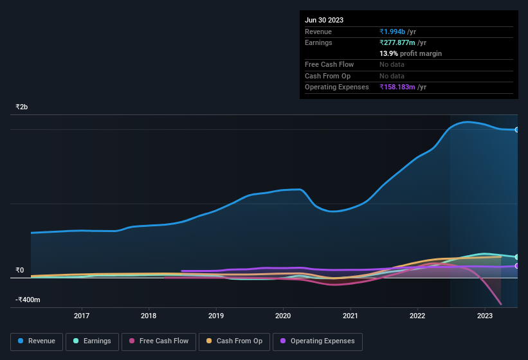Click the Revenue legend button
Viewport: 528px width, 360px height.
(37, 341)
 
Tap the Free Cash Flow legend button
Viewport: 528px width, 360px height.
(158, 341)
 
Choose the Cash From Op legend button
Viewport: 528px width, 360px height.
(234, 341)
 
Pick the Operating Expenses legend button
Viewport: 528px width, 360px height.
(318, 341)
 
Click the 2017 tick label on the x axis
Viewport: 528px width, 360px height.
(82, 316)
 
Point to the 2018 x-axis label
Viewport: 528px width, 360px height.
(149, 316)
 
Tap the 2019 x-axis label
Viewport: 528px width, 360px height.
(216, 316)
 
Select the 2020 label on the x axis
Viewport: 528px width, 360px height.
(283, 316)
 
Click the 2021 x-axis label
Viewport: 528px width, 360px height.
(350, 316)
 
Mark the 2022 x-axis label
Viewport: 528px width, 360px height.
(417, 316)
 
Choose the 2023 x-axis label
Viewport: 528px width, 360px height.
(485, 316)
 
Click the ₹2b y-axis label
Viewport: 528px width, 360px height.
(22, 107)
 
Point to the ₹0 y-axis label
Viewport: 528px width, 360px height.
(19, 270)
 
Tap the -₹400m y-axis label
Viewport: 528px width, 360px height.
(28, 300)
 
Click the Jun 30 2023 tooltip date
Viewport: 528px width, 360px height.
(324, 20)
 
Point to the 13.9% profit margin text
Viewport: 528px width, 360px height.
(410, 53)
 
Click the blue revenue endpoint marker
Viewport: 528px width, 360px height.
(516, 130)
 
